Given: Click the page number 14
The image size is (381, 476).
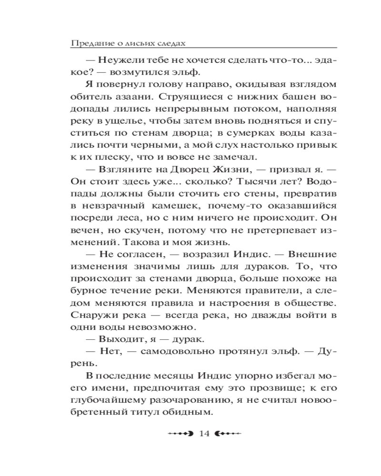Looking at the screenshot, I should [205, 434].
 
